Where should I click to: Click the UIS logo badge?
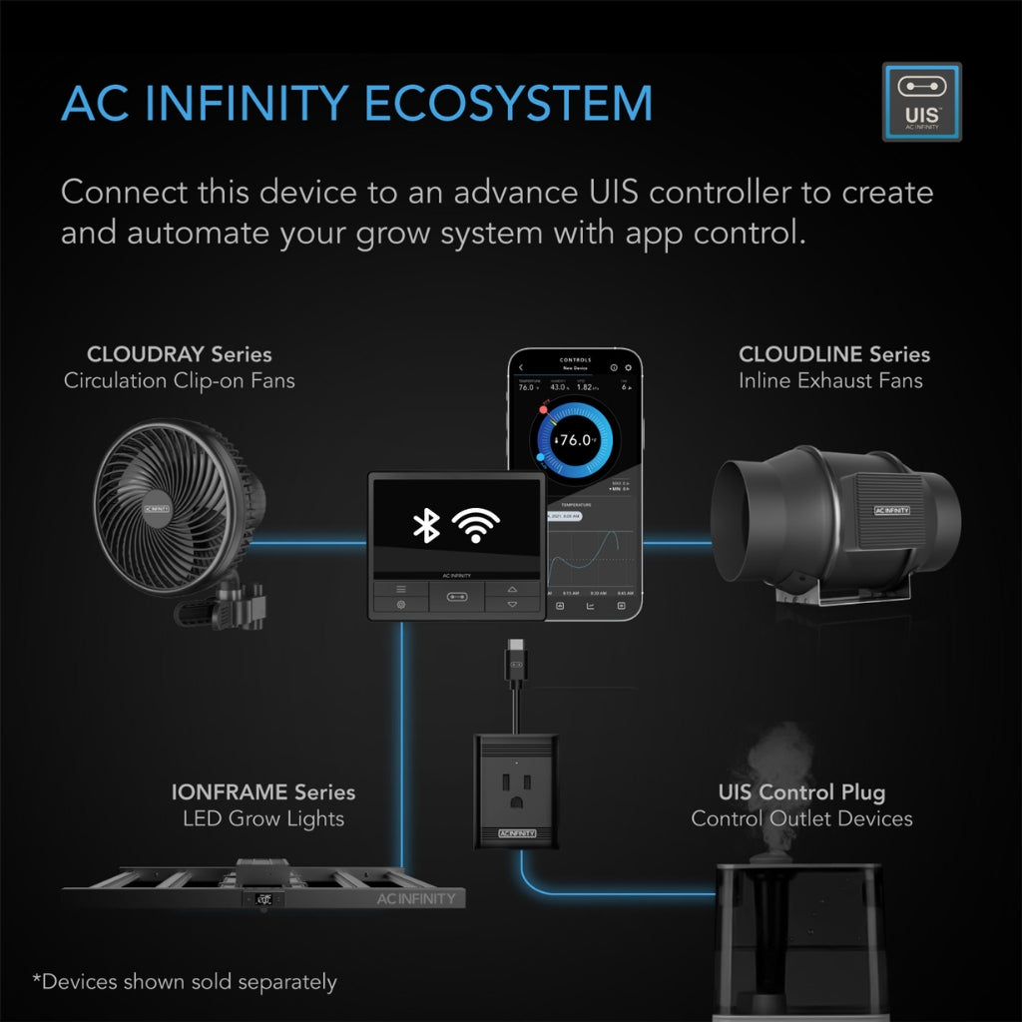[x=921, y=102]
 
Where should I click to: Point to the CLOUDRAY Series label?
[x=179, y=354]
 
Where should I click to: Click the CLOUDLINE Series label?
[x=833, y=354]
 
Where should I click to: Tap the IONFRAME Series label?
[x=262, y=792]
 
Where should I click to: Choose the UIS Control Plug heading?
[x=801, y=792]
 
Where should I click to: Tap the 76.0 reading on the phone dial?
[x=576, y=439]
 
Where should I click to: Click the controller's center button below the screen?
[x=457, y=597]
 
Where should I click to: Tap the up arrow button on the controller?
[x=513, y=589]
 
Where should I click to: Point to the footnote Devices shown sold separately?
[x=185, y=982]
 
